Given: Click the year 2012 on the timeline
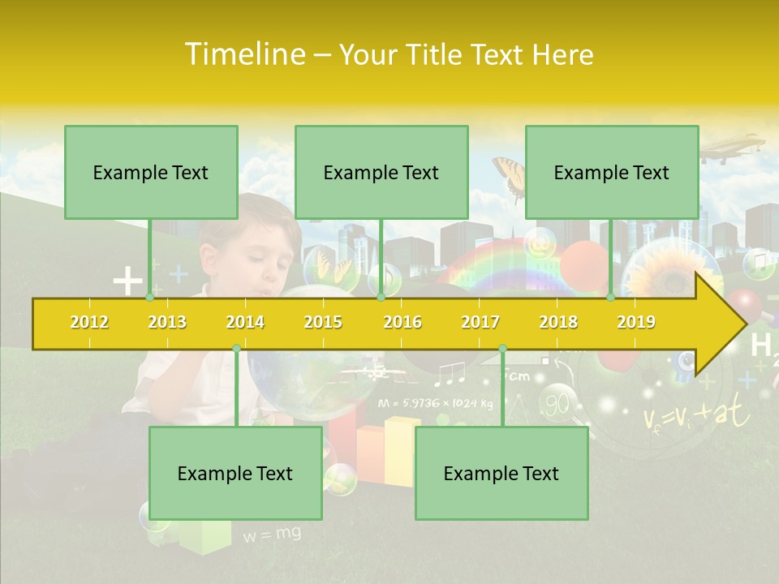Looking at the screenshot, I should click(89, 322).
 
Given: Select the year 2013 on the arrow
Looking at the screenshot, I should click(167, 322).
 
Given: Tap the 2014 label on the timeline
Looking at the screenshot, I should click(245, 322).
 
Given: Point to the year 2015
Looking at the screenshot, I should click(323, 322).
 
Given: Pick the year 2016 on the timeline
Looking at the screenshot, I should click(402, 322).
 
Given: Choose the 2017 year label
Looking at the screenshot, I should click(480, 322).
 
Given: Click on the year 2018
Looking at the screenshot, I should click(558, 322).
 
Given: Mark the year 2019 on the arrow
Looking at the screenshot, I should click(636, 322).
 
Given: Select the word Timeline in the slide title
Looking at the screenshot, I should click(243, 54).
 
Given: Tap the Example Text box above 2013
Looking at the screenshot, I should click(151, 172).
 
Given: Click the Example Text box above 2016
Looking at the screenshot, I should click(381, 172).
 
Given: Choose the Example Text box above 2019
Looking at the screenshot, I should click(612, 172).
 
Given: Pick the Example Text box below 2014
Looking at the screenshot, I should click(235, 473).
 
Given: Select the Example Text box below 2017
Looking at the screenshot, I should click(501, 473).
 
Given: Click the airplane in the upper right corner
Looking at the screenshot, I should click(730, 148).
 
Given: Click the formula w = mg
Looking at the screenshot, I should click(271, 534).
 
